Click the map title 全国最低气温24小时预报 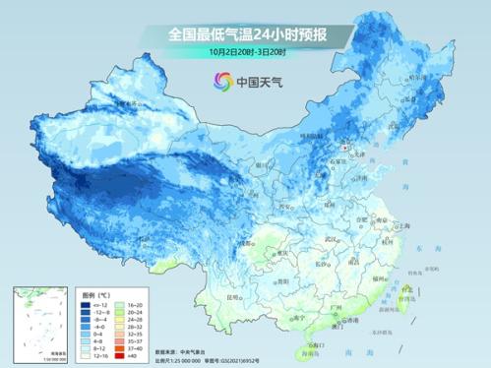click(246, 35)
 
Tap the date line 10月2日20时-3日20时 click(246, 53)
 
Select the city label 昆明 click(233, 296)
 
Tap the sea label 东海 click(423, 251)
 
